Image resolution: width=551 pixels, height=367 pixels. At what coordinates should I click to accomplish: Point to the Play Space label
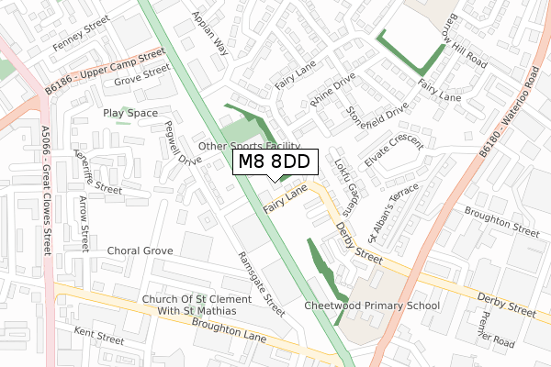130,113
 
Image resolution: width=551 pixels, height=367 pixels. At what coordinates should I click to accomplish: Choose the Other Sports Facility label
250,146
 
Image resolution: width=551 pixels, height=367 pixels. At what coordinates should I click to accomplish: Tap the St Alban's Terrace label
392,212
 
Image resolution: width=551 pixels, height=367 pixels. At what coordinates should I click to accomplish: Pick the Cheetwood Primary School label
372,306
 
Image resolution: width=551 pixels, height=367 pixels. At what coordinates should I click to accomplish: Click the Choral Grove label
140,250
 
